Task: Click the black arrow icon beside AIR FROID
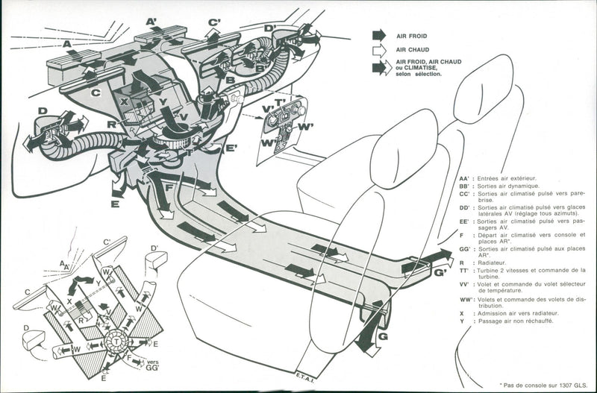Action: point(379,34)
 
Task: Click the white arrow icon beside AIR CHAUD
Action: point(379,49)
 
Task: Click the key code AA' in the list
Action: point(465,179)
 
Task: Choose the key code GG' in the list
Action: point(465,249)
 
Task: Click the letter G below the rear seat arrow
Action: point(384,337)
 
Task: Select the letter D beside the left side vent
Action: point(43,111)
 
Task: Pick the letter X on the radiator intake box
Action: point(124,100)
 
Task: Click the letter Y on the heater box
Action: point(162,101)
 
